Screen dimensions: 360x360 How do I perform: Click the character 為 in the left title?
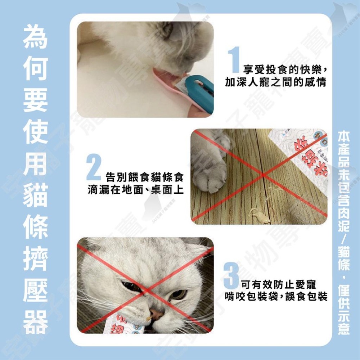tap(35, 37)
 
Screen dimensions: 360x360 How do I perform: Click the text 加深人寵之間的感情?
tap(275, 82)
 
